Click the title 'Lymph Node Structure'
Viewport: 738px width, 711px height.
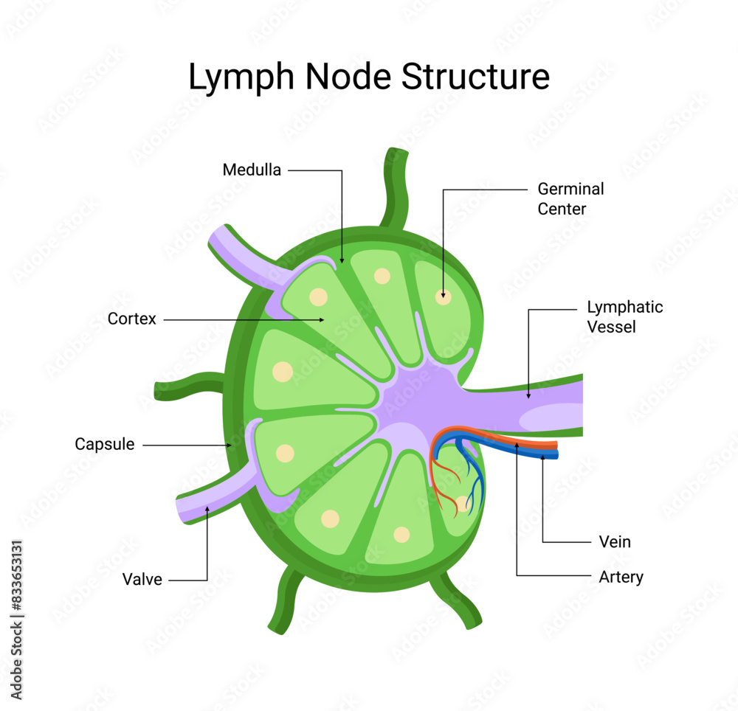[368, 77]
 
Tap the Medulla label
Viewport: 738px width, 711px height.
[252, 170]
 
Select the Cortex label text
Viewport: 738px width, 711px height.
[132, 319]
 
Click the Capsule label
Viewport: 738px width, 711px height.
[105, 444]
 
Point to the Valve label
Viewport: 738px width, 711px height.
[142, 579]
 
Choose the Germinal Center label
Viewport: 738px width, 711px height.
[570, 199]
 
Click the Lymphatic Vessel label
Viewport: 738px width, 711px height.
[624, 316]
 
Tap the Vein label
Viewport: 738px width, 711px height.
[615, 542]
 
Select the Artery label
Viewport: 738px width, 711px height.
[621, 577]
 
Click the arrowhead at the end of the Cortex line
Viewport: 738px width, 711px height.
[323, 319]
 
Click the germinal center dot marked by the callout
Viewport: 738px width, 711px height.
[443, 297]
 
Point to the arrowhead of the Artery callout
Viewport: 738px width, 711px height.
[517, 445]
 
